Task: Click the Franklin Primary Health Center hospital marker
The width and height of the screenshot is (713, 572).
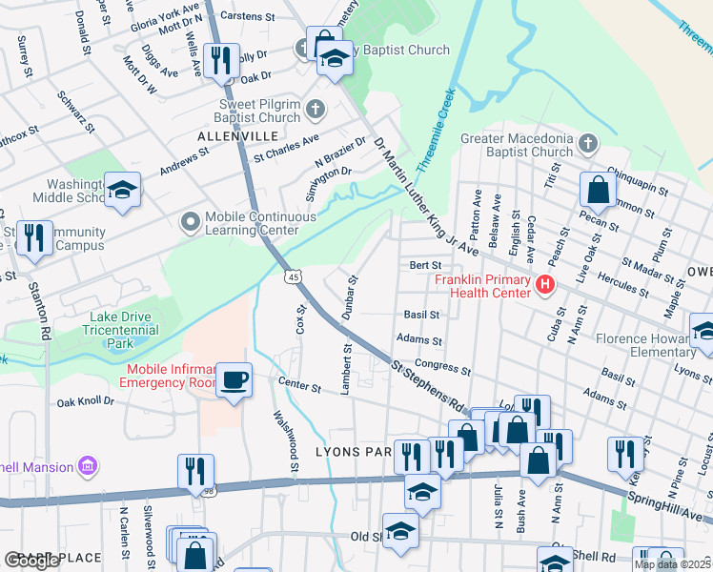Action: [544, 284]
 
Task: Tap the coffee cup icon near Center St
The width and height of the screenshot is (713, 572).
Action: [234, 379]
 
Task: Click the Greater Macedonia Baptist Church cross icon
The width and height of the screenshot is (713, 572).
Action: [588, 144]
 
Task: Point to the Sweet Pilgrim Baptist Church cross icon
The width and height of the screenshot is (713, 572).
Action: [316, 111]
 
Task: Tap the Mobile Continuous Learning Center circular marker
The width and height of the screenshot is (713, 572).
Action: [191, 222]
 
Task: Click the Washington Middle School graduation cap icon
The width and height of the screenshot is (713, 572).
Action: [122, 190]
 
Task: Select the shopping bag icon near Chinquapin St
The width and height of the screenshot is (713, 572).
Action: [597, 190]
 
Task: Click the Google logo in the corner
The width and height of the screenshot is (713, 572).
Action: [32, 560]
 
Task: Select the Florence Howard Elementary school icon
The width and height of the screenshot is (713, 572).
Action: [703, 331]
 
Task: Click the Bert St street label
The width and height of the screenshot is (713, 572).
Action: [425, 265]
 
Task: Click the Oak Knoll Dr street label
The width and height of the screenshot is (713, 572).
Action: [85, 402]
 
